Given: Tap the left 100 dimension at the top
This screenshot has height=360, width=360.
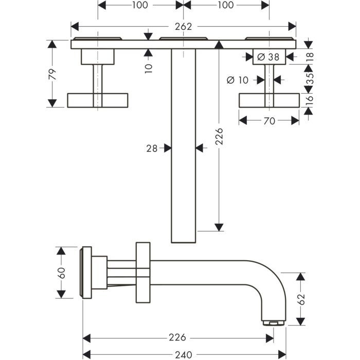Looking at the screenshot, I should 139,5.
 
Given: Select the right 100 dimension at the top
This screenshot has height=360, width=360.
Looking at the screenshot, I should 225,5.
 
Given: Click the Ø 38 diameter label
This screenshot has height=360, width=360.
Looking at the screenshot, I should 267,57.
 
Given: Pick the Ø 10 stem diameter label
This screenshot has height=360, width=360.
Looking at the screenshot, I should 237,80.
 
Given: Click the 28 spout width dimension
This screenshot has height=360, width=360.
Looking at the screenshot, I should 151,148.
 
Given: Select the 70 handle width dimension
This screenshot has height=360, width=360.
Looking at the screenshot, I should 269,121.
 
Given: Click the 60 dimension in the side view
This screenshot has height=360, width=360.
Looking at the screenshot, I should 61,273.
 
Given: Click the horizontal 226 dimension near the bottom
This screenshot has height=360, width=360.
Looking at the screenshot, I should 177,338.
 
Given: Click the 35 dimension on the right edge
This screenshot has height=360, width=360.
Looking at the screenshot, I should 309,79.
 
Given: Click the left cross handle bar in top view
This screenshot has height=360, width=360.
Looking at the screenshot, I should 97,100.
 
